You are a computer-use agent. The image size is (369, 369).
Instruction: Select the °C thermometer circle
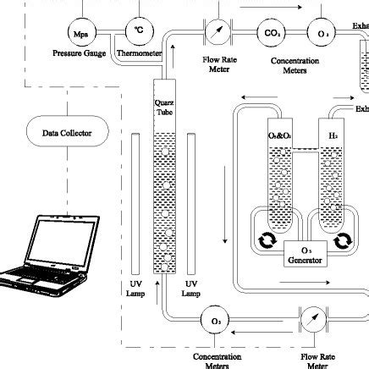click(138, 31)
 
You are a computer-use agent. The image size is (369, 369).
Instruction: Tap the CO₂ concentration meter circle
click(273, 33)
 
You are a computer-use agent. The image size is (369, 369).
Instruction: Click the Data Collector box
click(67, 133)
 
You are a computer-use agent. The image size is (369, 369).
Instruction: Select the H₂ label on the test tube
click(332, 135)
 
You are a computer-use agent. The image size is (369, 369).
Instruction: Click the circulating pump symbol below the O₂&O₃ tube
click(265, 242)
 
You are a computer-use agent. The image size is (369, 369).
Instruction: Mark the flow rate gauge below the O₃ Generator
click(314, 322)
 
